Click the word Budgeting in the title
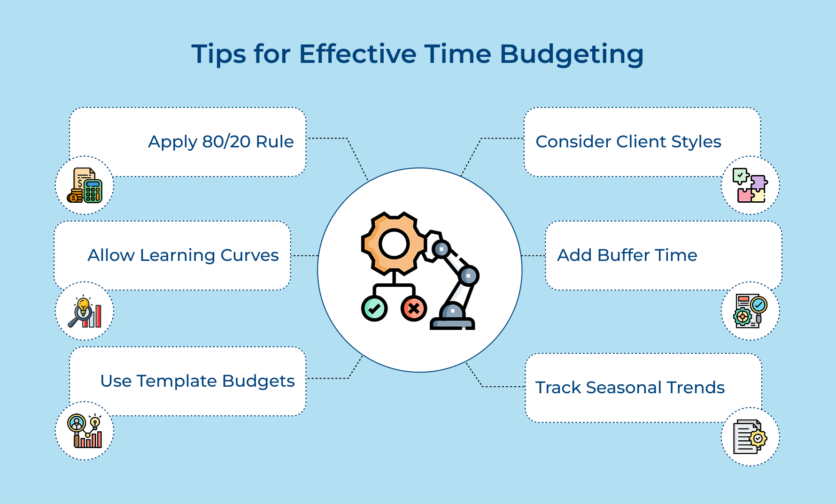571,54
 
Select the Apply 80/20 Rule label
221,142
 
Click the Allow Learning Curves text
183,255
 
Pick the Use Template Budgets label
197,381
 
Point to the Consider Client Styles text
628,142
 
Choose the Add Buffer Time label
627,255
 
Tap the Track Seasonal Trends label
630,388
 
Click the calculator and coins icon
85,186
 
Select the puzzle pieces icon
750,186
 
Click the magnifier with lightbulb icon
85,312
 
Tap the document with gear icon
750,437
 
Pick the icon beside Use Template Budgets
85,431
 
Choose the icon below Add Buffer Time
750,311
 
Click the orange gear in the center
394,244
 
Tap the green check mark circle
374,309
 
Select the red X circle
414,309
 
